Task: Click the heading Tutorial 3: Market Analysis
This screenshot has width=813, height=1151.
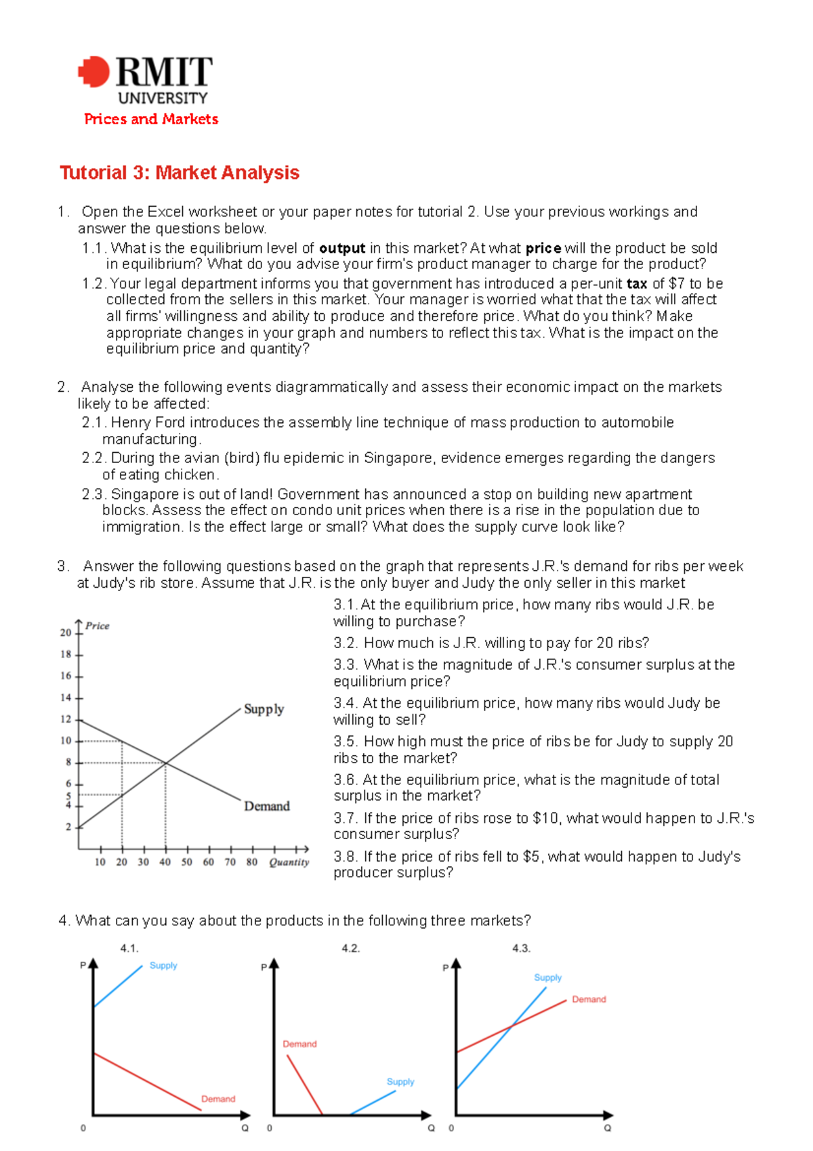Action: point(180,173)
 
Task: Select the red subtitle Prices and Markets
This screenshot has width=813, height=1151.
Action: point(151,119)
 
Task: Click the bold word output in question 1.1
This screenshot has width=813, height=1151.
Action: point(342,248)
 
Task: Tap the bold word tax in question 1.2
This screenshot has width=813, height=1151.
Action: point(637,283)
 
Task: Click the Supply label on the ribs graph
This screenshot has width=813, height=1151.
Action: point(264,709)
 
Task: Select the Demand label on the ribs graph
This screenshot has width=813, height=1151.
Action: point(266,806)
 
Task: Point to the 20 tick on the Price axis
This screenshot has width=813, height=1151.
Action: point(66,632)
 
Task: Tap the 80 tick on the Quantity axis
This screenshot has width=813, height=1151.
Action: point(252,862)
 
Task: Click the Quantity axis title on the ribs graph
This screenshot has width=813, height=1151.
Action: point(289,862)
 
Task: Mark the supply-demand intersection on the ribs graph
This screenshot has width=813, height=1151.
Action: point(166,763)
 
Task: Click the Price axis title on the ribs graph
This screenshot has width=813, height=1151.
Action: point(98,626)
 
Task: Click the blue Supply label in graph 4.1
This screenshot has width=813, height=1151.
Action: point(163,965)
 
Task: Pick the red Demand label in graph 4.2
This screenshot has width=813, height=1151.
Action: point(299,1044)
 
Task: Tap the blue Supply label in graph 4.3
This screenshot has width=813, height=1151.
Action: point(547,977)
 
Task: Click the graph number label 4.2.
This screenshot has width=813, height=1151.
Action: point(351,948)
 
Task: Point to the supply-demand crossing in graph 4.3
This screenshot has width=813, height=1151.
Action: point(512,1026)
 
